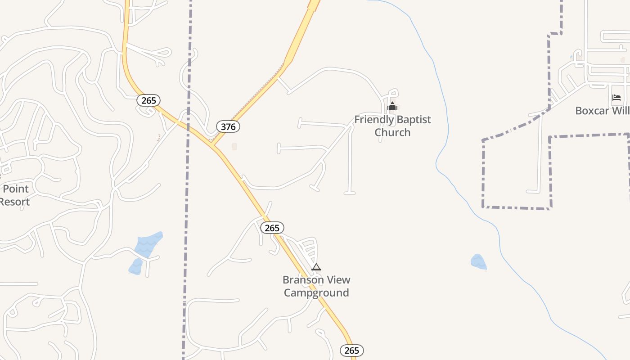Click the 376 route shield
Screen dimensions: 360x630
[x=228, y=127]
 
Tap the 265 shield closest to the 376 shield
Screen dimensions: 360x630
[x=148, y=100]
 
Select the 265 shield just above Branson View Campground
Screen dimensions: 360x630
[x=272, y=228]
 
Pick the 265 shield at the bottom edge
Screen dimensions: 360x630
[x=351, y=351]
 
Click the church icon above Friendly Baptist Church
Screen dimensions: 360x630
[x=392, y=106]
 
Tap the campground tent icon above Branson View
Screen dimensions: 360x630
[x=316, y=267]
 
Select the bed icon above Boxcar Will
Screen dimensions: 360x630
[x=616, y=98]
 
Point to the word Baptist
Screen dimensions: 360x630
[x=414, y=120]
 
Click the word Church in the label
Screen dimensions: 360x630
[x=392, y=132]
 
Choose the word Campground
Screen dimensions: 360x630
[x=316, y=293]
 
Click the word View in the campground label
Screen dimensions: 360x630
[x=337, y=280]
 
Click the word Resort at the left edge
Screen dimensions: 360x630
[x=14, y=202]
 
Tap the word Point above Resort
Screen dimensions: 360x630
[x=16, y=189]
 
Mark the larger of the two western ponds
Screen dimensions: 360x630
[x=149, y=243]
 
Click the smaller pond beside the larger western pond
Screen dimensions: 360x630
[x=135, y=267]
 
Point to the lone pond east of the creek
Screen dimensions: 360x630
[x=478, y=262]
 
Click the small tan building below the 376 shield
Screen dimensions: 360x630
[x=234, y=146]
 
